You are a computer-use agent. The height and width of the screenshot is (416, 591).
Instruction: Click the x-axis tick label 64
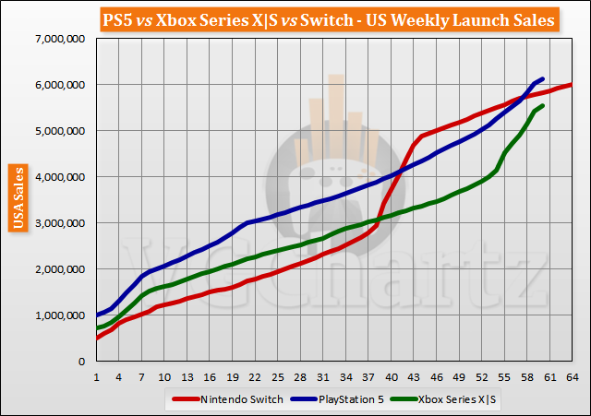(571, 377)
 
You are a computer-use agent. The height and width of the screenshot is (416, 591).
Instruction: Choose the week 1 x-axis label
(96, 377)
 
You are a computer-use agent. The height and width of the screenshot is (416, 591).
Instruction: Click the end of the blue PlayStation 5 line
(542, 78)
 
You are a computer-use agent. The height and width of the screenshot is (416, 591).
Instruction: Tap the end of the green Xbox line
(542, 105)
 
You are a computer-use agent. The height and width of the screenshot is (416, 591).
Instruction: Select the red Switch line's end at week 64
(572, 85)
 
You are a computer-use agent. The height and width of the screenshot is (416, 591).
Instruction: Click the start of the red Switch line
(97, 338)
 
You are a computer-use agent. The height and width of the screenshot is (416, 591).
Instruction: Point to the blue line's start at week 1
(97, 315)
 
